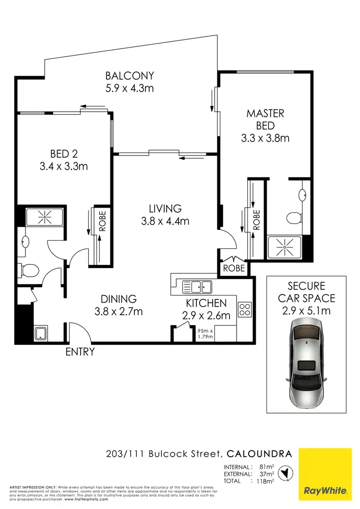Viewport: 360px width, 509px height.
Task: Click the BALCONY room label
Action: click(130, 76)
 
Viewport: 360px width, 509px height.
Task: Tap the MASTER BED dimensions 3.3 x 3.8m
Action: click(265, 138)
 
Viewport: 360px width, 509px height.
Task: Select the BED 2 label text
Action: click(64, 154)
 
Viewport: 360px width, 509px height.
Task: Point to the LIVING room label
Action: click(165, 209)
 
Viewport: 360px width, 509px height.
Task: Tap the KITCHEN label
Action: click(206, 303)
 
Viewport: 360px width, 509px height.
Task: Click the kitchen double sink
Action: click(198, 287)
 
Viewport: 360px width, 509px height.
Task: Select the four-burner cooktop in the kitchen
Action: click(245, 309)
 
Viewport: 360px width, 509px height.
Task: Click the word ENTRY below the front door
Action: click(80, 352)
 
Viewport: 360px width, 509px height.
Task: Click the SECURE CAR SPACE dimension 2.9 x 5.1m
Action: click(306, 310)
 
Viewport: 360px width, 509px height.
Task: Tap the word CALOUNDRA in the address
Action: click(259, 453)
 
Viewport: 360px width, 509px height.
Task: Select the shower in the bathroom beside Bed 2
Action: click(44, 217)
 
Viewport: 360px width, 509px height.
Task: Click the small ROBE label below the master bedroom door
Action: click(234, 268)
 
